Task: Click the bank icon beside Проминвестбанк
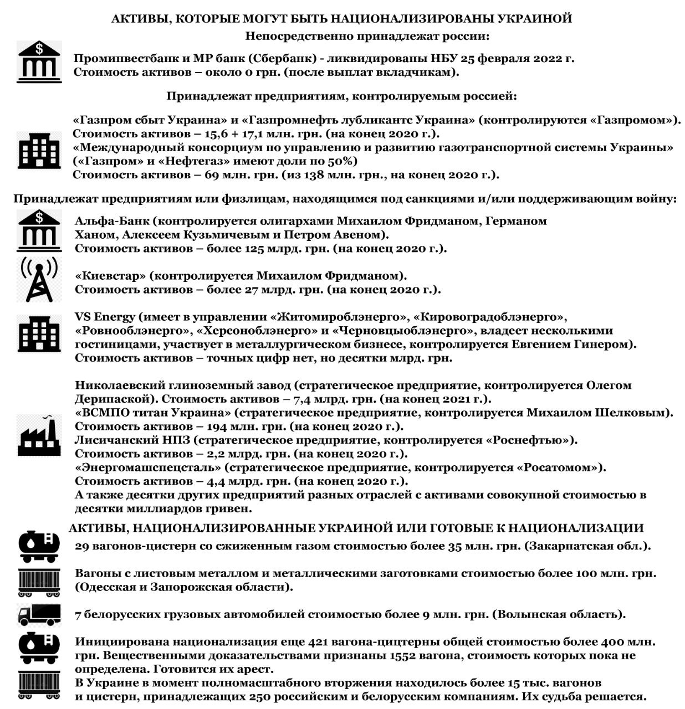[x=39, y=62]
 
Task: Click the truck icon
[x=39, y=614]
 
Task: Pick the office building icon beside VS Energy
[x=39, y=333]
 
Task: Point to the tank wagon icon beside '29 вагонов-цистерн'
[x=39, y=546]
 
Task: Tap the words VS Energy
[x=105, y=317]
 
